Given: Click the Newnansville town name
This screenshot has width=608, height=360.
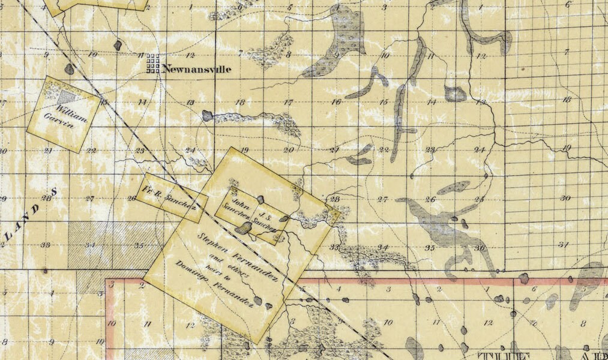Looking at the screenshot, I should point(196,69).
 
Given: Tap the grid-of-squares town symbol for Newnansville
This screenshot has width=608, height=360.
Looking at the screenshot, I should point(154,63).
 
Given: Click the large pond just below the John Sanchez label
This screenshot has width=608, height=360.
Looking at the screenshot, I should point(243,228).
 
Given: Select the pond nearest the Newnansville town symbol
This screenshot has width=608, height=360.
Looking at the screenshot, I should point(118,45).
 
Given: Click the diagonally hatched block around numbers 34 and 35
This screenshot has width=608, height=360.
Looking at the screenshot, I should point(108,245).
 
